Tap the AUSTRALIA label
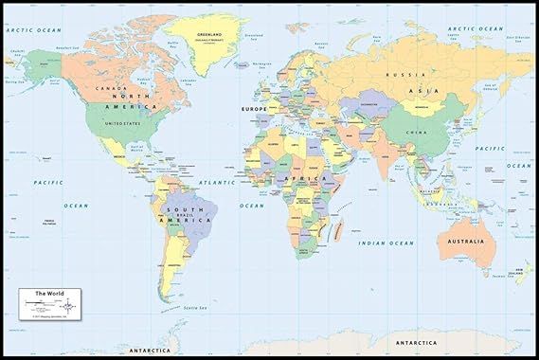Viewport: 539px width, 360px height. click(461, 242)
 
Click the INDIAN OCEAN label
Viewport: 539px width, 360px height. click(386, 243)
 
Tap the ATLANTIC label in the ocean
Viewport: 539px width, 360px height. click(217, 181)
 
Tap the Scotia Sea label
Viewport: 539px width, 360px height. click(196, 309)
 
